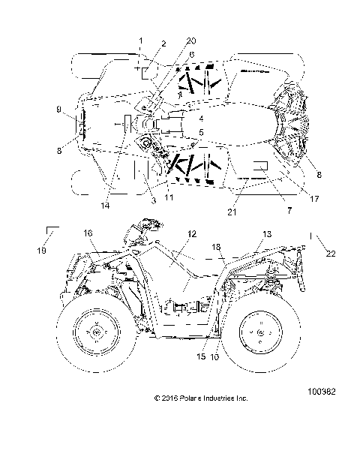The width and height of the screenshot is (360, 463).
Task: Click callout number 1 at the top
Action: pos(139,39)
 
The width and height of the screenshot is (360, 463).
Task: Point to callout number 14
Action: pos(106,206)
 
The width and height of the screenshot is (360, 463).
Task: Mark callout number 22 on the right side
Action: pos(331,253)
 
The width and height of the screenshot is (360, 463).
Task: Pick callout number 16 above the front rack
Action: pos(88,234)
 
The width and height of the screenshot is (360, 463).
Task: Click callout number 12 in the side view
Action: pos(192,234)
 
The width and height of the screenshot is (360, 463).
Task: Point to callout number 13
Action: pos(267,234)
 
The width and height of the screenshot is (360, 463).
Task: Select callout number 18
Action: pos(216,246)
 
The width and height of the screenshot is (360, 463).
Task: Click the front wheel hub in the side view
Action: pos(94,333)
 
